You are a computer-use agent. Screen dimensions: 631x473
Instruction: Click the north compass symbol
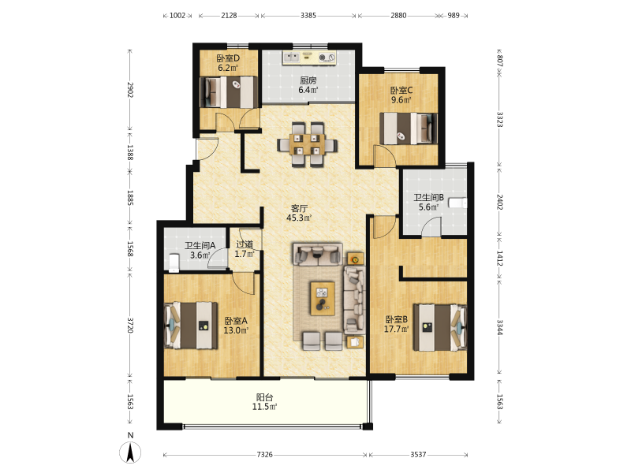[x=130, y=452]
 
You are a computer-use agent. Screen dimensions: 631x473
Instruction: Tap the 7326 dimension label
[x=264, y=455]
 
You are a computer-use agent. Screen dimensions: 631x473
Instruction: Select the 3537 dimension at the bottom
[x=418, y=455]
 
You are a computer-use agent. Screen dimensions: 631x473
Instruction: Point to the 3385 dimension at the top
[x=308, y=16]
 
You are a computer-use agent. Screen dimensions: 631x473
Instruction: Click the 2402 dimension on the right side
[x=499, y=202]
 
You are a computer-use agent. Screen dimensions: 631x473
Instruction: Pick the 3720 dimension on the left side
[x=130, y=325]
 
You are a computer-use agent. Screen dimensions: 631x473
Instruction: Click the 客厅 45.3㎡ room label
[x=299, y=213]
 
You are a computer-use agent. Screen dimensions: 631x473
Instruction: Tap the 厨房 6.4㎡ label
[x=308, y=85]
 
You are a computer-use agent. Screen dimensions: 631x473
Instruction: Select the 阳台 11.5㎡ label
[x=264, y=402]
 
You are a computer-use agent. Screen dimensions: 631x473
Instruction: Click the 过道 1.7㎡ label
[x=245, y=249]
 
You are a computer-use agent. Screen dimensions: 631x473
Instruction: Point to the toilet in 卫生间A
[x=174, y=263]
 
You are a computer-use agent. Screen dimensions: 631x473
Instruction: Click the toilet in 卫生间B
[x=458, y=203]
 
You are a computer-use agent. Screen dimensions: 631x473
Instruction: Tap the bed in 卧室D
[x=230, y=92]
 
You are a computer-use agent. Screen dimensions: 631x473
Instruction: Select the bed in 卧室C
[x=409, y=128]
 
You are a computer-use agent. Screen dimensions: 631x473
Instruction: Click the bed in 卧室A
[x=191, y=326]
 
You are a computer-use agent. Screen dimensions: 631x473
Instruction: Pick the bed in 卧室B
[x=440, y=328]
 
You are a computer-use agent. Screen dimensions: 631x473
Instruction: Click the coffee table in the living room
[x=323, y=298]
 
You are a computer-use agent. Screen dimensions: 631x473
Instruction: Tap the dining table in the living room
[x=307, y=144]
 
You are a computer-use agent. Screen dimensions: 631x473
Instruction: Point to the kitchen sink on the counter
[x=292, y=58]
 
